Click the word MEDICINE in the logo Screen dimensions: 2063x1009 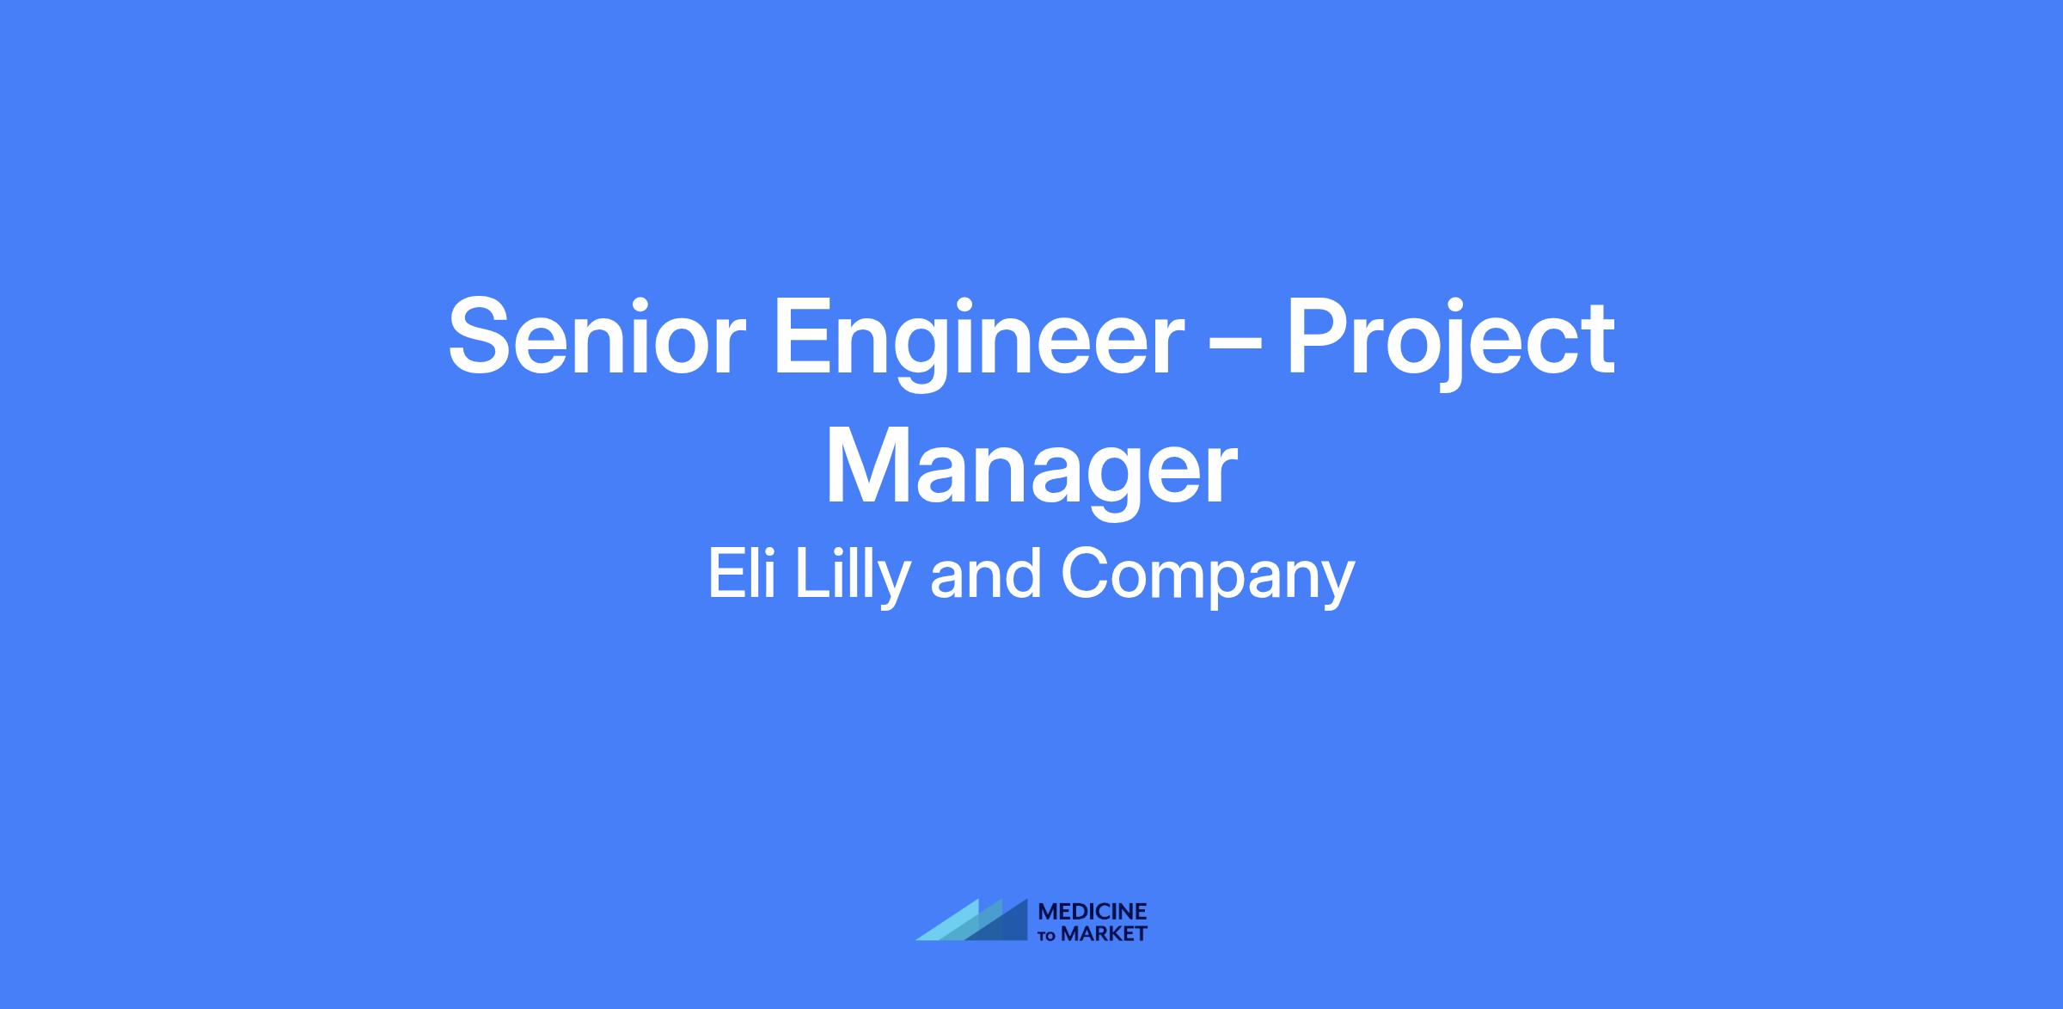coord(1093,913)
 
